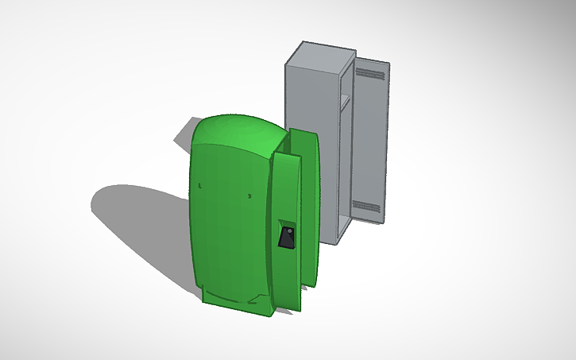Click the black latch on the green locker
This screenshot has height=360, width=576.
tap(287, 238)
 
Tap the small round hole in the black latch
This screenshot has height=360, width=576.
tap(289, 231)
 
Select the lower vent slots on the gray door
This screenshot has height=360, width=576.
tap(366, 206)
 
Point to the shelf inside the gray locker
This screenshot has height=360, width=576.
tap(344, 99)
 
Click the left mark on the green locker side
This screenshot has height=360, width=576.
tap(199, 186)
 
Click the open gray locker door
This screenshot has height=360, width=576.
tap(369, 139)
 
